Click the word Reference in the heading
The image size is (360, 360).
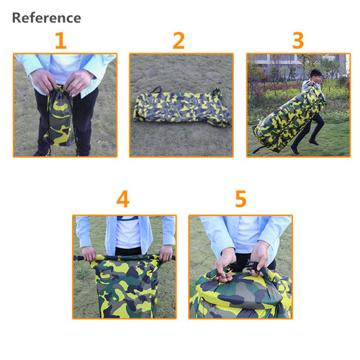[47, 18]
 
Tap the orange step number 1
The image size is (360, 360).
[61, 40]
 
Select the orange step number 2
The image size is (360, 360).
[179, 40]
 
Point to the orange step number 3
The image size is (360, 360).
[298, 40]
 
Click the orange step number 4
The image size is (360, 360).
[123, 199]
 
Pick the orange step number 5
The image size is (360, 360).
[240, 199]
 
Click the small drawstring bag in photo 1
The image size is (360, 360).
[60, 117]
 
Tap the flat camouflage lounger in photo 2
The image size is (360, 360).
[182, 108]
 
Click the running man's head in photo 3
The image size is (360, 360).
[315, 76]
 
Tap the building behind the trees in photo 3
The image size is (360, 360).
[297, 63]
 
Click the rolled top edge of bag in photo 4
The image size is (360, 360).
[125, 258]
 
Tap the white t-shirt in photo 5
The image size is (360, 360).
[247, 235]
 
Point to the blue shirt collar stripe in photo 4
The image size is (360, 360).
[127, 218]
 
